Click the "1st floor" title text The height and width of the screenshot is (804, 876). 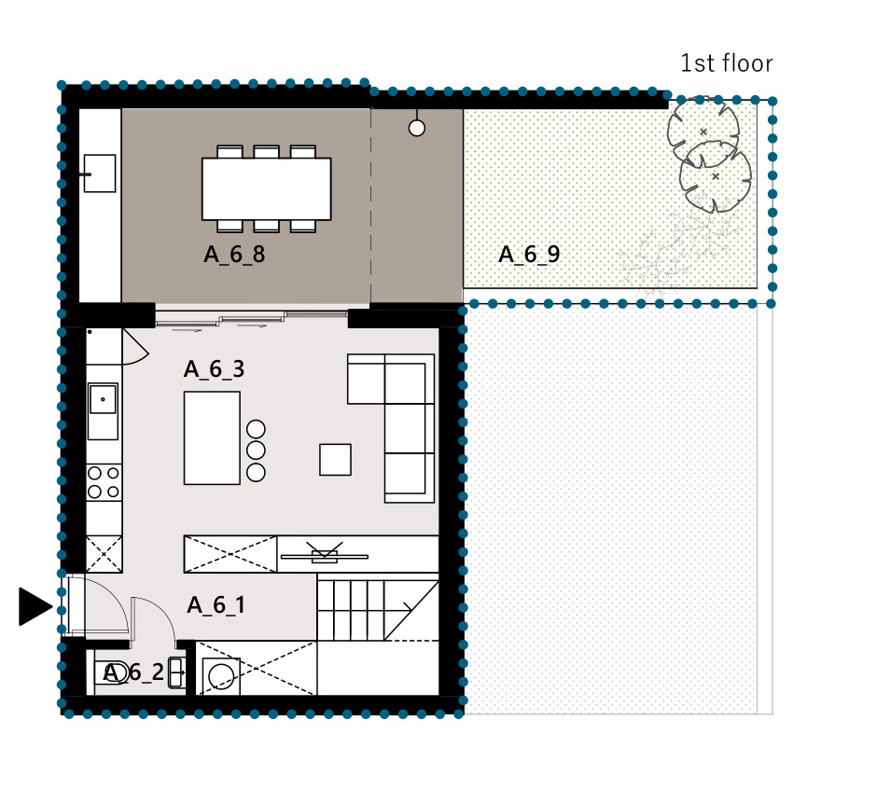pyautogui.click(x=727, y=63)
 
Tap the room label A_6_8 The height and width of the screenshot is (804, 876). pyautogui.click(x=234, y=255)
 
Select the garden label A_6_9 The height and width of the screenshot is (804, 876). pyautogui.click(x=529, y=255)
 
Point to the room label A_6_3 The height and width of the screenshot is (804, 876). pyautogui.click(x=214, y=369)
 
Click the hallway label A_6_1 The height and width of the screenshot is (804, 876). pyautogui.click(x=216, y=605)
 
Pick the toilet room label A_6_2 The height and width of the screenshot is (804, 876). pyautogui.click(x=134, y=672)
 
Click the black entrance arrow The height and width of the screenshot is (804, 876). pyautogui.click(x=35, y=606)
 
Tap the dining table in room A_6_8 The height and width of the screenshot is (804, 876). pyautogui.click(x=267, y=188)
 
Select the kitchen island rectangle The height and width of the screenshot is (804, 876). pyautogui.click(x=213, y=438)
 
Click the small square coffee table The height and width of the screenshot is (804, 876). pyautogui.click(x=335, y=460)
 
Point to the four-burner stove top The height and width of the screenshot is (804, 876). pyautogui.click(x=104, y=482)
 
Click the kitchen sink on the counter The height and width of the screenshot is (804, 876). pyautogui.click(x=103, y=410)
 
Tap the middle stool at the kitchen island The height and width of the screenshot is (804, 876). pyautogui.click(x=256, y=451)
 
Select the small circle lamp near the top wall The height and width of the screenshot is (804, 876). pyautogui.click(x=417, y=129)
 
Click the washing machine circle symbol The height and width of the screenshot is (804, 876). pyautogui.click(x=221, y=676)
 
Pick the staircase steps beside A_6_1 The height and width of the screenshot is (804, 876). pyautogui.click(x=378, y=611)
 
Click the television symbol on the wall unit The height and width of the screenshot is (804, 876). pyautogui.click(x=324, y=554)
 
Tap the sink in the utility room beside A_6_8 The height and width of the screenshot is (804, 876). pyautogui.click(x=100, y=173)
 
